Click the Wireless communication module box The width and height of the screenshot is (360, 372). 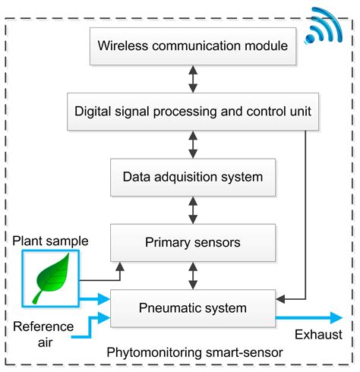(x=193, y=46)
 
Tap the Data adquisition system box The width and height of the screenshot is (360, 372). (x=192, y=177)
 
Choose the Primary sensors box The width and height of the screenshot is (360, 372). (x=192, y=243)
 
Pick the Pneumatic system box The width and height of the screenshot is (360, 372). (x=192, y=308)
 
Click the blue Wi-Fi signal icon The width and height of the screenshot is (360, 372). (x=326, y=27)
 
